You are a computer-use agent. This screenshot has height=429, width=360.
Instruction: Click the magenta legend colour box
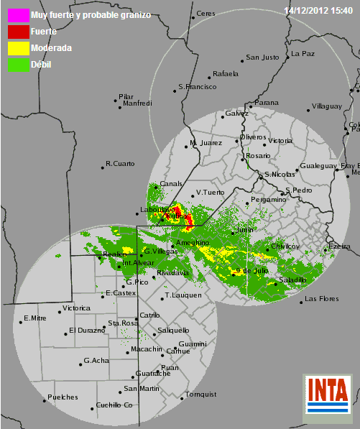[14, 14]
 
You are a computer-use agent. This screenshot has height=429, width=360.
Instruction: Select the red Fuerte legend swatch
[14, 31]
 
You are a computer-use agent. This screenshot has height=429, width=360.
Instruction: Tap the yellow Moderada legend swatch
[14, 48]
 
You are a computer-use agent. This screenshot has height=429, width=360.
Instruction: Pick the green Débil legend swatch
[14, 65]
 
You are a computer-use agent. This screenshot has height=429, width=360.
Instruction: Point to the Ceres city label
[206, 14]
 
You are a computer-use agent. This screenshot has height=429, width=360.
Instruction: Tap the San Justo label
[262, 57]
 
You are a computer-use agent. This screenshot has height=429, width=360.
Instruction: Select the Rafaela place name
[226, 74]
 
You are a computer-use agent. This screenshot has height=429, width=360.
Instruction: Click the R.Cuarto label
[120, 164]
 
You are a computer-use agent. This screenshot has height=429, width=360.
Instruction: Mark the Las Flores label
[320, 298]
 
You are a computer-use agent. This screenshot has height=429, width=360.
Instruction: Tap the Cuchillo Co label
[114, 405]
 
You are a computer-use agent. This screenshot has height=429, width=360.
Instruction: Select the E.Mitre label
[34, 318]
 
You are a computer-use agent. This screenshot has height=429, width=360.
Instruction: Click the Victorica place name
[76, 308]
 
